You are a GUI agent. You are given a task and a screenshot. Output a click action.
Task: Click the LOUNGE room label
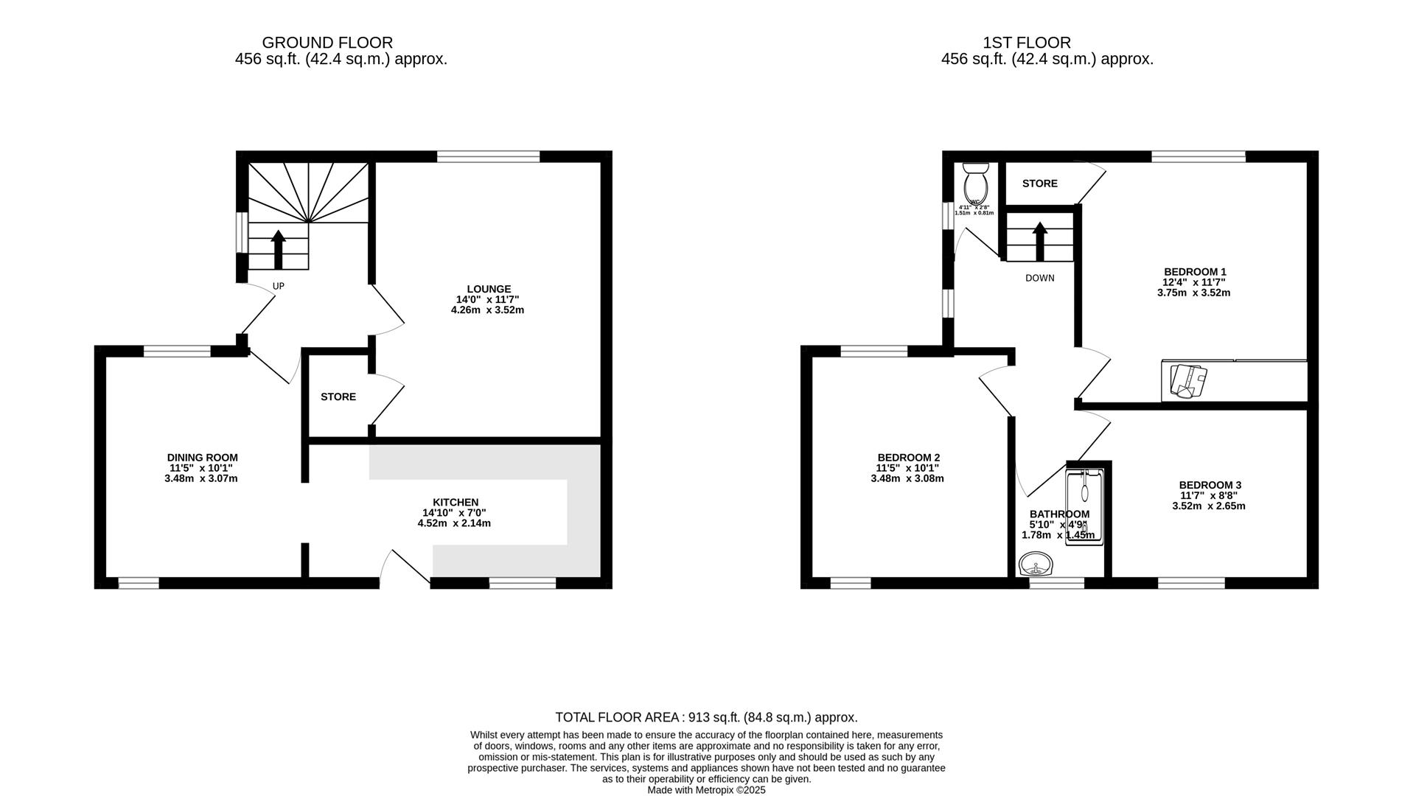pyautogui.click(x=488, y=290)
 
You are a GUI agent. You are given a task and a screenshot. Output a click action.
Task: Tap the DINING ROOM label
pyautogui.click(x=202, y=458)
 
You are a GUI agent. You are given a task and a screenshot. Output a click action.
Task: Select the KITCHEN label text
pyautogui.click(x=455, y=503)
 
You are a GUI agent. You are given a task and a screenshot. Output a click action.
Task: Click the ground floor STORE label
pyautogui.click(x=338, y=397)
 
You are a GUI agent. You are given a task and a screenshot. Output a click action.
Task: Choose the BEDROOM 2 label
pyautogui.click(x=908, y=458)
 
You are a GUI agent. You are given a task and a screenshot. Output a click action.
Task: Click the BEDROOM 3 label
pyautogui.click(x=1210, y=485)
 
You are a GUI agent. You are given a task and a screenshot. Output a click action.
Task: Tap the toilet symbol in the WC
pyautogui.click(x=975, y=181)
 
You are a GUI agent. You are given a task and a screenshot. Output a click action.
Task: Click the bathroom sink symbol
pyautogui.click(x=1036, y=566)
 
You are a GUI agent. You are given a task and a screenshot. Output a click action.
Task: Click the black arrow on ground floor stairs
pyautogui.click(x=278, y=249)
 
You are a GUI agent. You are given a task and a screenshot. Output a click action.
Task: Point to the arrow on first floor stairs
pyautogui.click(x=1039, y=241)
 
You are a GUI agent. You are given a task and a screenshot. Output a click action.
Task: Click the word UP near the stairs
pyautogui.click(x=278, y=286)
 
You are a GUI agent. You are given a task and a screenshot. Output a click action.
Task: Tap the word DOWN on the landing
pyautogui.click(x=1039, y=278)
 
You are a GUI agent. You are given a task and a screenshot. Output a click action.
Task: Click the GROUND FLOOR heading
pyautogui.click(x=327, y=43)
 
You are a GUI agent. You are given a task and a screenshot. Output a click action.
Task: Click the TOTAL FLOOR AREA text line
pyautogui.click(x=705, y=717)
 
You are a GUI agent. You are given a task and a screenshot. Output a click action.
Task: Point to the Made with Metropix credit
pyautogui.click(x=705, y=790)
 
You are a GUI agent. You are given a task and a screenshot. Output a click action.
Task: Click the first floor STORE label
pyautogui.click(x=1039, y=184)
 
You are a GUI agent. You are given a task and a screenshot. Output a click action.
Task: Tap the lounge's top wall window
pyautogui.click(x=488, y=156)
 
